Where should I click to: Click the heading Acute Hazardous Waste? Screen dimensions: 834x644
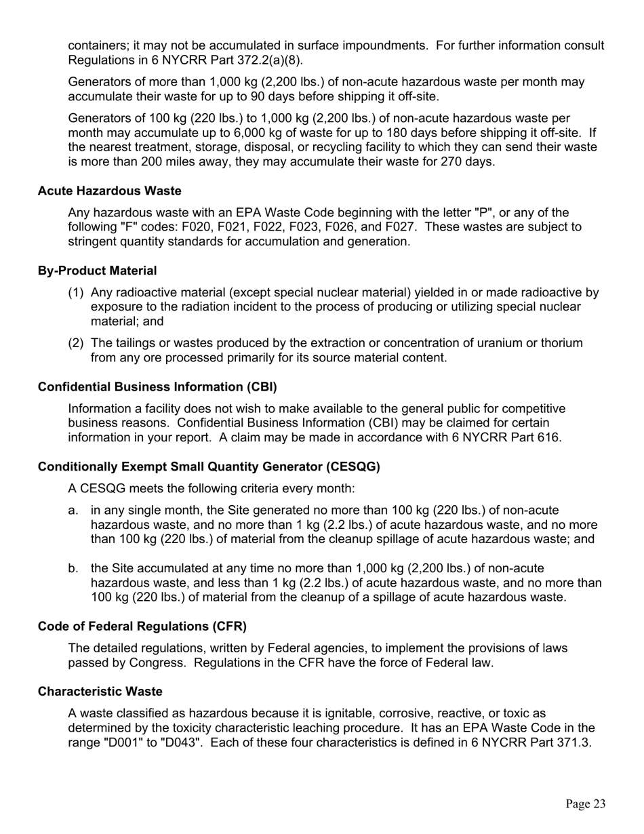pyautogui.click(x=109, y=191)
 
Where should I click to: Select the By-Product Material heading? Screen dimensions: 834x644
pyautogui.click(x=97, y=271)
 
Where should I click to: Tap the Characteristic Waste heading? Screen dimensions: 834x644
pyautogui.click(x=100, y=692)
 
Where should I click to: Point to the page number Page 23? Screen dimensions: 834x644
pyautogui.click(x=586, y=803)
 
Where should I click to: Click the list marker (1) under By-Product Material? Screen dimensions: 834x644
pyautogui.click(x=76, y=293)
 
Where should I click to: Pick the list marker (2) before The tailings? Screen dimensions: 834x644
pyautogui.click(x=76, y=343)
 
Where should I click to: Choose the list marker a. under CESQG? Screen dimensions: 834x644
pyautogui.click(x=74, y=510)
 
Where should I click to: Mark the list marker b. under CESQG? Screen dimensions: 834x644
pyautogui.click(x=74, y=568)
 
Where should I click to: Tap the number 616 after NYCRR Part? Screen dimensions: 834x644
pyautogui.click(x=548, y=437)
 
